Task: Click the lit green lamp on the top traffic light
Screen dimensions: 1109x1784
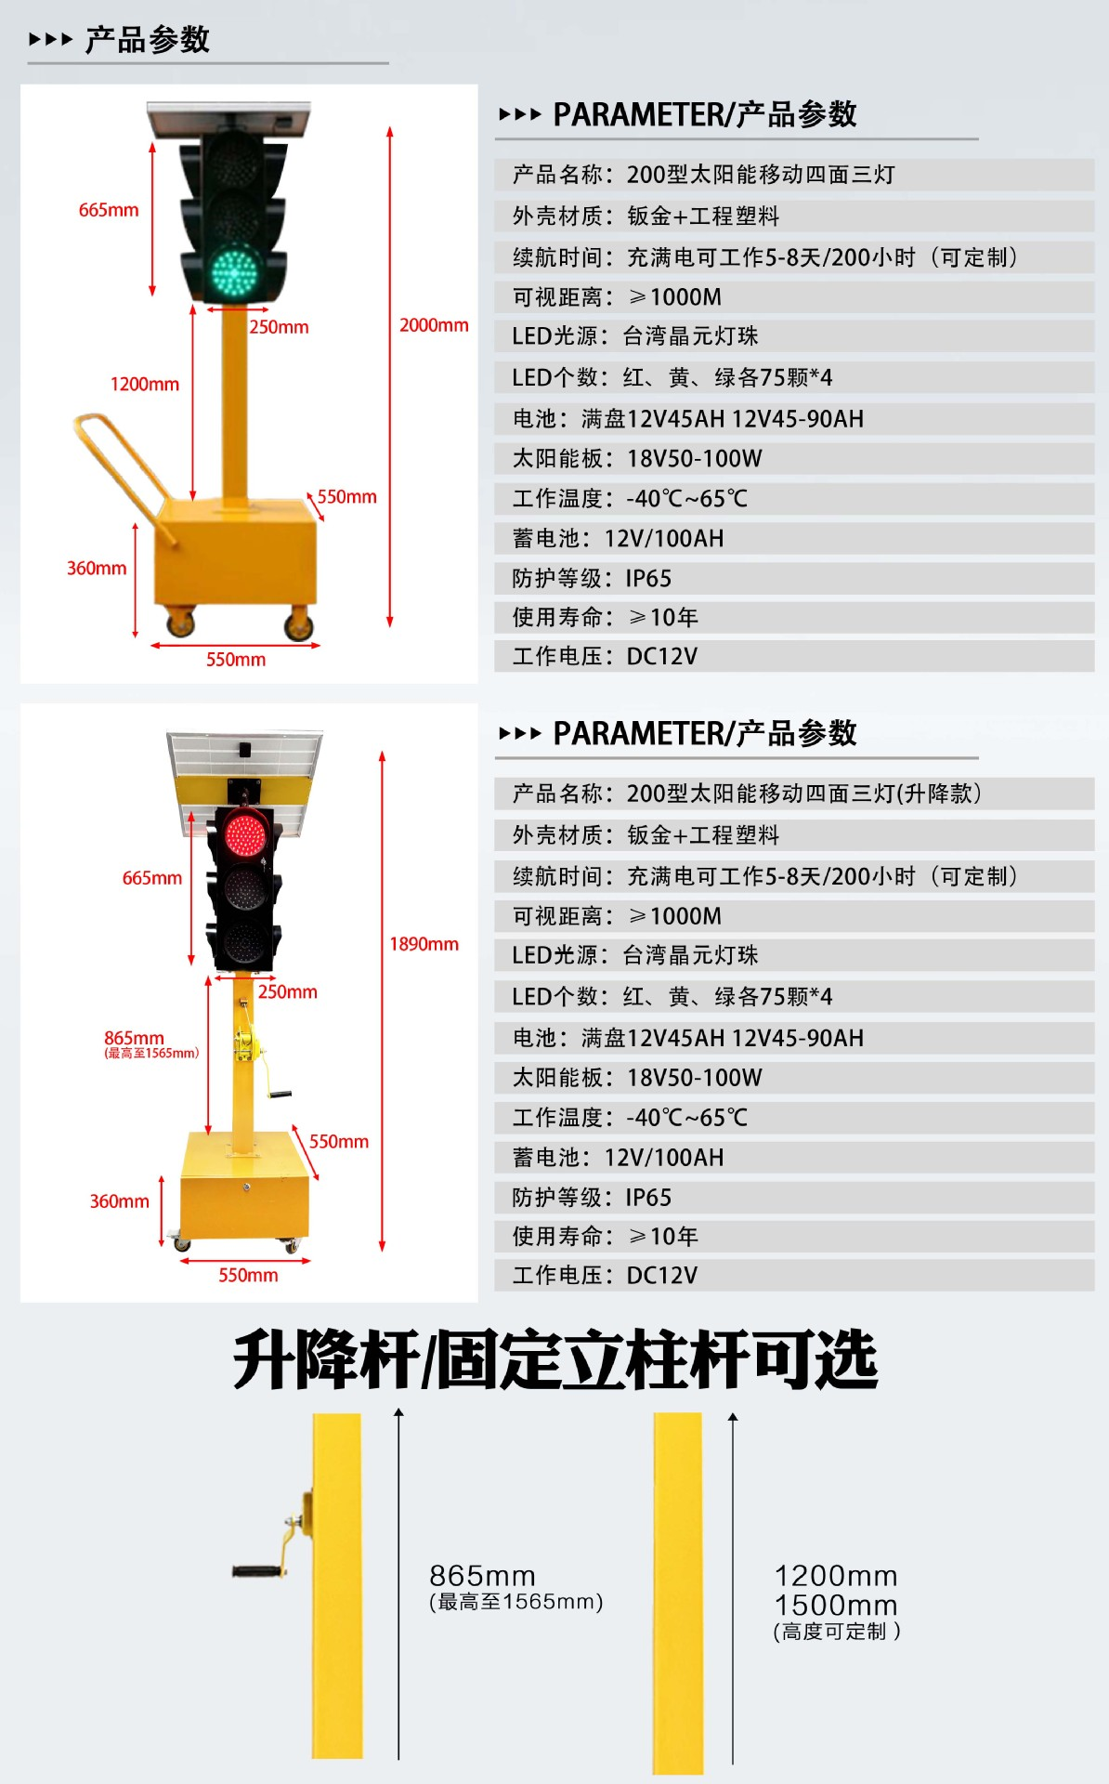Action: click(x=233, y=271)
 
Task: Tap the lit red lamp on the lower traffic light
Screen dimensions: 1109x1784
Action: click(x=244, y=833)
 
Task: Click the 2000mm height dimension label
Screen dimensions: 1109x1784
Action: click(x=434, y=325)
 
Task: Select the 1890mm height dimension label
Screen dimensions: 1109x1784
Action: click(x=424, y=944)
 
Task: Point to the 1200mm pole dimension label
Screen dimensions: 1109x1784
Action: click(x=145, y=384)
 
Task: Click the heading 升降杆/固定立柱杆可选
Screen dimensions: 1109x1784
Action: click(x=555, y=1359)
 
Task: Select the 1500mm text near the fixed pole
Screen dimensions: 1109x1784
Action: click(x=836, y=1605)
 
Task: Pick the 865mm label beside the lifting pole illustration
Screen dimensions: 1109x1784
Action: click(x=482, y=1576)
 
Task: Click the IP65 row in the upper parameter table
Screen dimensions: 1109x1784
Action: click(x=794, y=578)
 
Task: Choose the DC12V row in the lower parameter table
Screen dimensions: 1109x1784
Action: click(x=794, y=1275)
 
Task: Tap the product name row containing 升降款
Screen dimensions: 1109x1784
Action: click(x=794, y=794)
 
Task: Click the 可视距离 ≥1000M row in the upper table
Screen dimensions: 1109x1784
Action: click(x=794, y=297)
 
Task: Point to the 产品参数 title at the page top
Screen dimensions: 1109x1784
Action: click(x=148, y=40)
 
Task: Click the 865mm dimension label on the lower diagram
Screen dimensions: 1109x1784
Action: click(x=134, y=1038)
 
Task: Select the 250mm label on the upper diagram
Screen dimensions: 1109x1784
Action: click(x=279, y=327)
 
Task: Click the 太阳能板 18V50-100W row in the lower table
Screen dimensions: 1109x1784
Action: click(x=794, y=1078)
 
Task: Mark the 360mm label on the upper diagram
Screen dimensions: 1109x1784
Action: click(x=97, y=568)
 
